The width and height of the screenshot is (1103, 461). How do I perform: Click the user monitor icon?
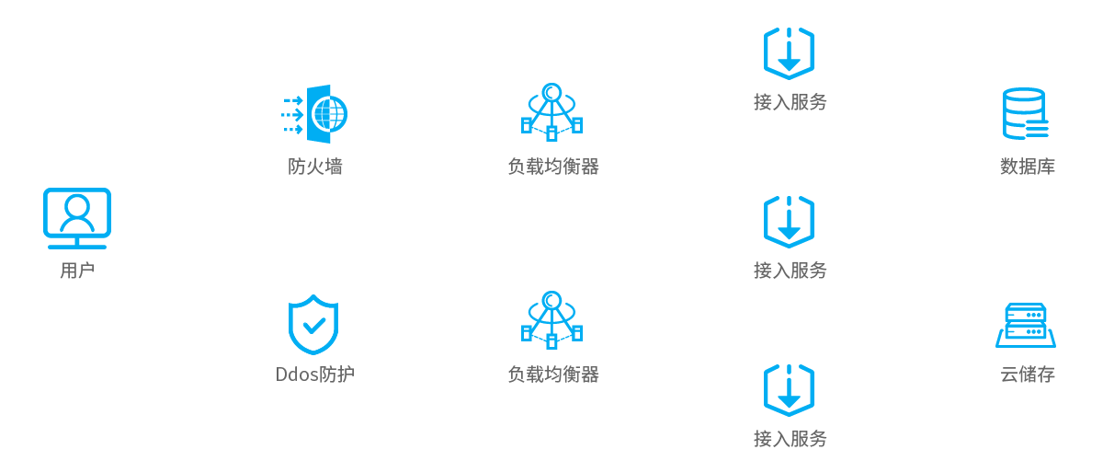click(77, 218)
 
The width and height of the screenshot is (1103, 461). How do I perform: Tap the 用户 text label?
click(77, 271)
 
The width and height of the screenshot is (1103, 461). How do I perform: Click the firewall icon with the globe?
click(315, 113)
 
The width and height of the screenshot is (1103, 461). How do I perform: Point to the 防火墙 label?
click(315, 167)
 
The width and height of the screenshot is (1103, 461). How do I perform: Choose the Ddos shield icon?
click(313, 324)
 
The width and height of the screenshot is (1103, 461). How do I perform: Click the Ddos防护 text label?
click(314, 375)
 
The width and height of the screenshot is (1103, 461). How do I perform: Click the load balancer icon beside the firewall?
click(551, 112)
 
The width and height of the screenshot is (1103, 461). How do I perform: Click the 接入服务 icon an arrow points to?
click(789, 221)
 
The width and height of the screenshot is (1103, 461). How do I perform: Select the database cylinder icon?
click(1024, 113)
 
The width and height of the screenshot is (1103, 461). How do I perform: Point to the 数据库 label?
click(1028, 167)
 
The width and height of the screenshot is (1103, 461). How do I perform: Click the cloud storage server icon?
click(1026, 325)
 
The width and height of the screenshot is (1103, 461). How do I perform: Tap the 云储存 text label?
click(1028, 375)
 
